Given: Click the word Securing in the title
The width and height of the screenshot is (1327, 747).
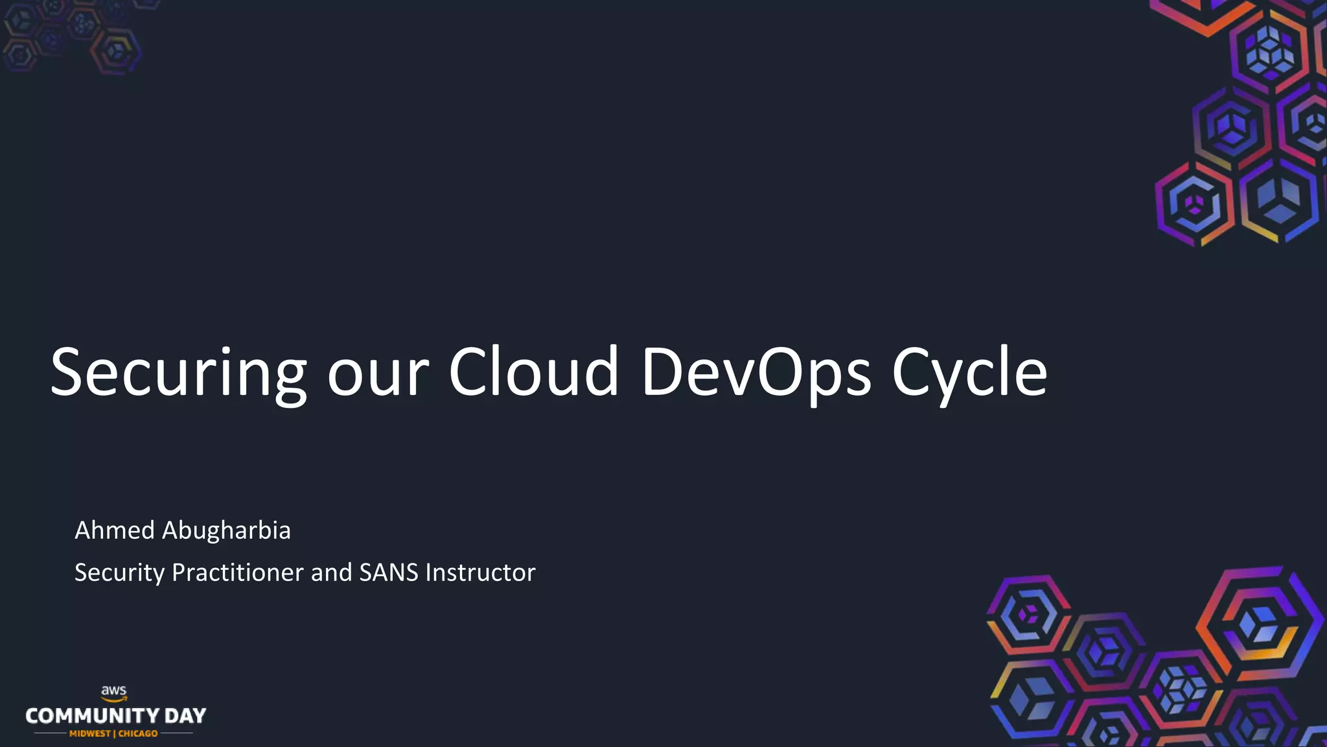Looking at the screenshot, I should pyautogui.click(x=178, y=372).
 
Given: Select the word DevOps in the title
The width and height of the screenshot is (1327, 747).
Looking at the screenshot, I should pyautogui.click(x=756, y=372).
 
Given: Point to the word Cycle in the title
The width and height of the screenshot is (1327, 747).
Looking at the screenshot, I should pyautogui.click(x=969, y=372).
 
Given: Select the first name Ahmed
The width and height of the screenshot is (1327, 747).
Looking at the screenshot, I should pyautogui.click(x=115, y=530).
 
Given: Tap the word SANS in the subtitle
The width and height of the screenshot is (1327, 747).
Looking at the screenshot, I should pyautogui.click(x=388, y=573).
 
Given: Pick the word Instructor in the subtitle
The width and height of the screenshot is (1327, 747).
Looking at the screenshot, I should pyautogui.click(x=480, y=573).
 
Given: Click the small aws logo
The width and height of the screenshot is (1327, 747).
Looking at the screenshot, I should pyautogui.click(x=114, y=693).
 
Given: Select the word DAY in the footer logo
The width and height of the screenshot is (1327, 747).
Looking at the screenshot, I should pyautogui.click(x=185, y=716).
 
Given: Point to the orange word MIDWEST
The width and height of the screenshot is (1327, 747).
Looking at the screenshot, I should pyautogui.click(x=90, y=733).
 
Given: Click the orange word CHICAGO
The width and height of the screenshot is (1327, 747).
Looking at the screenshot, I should pyautogui.click(x=138, y=733).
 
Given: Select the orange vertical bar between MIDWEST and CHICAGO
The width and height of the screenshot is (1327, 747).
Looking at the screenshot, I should pyautogui.click(x=114, y=733).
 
